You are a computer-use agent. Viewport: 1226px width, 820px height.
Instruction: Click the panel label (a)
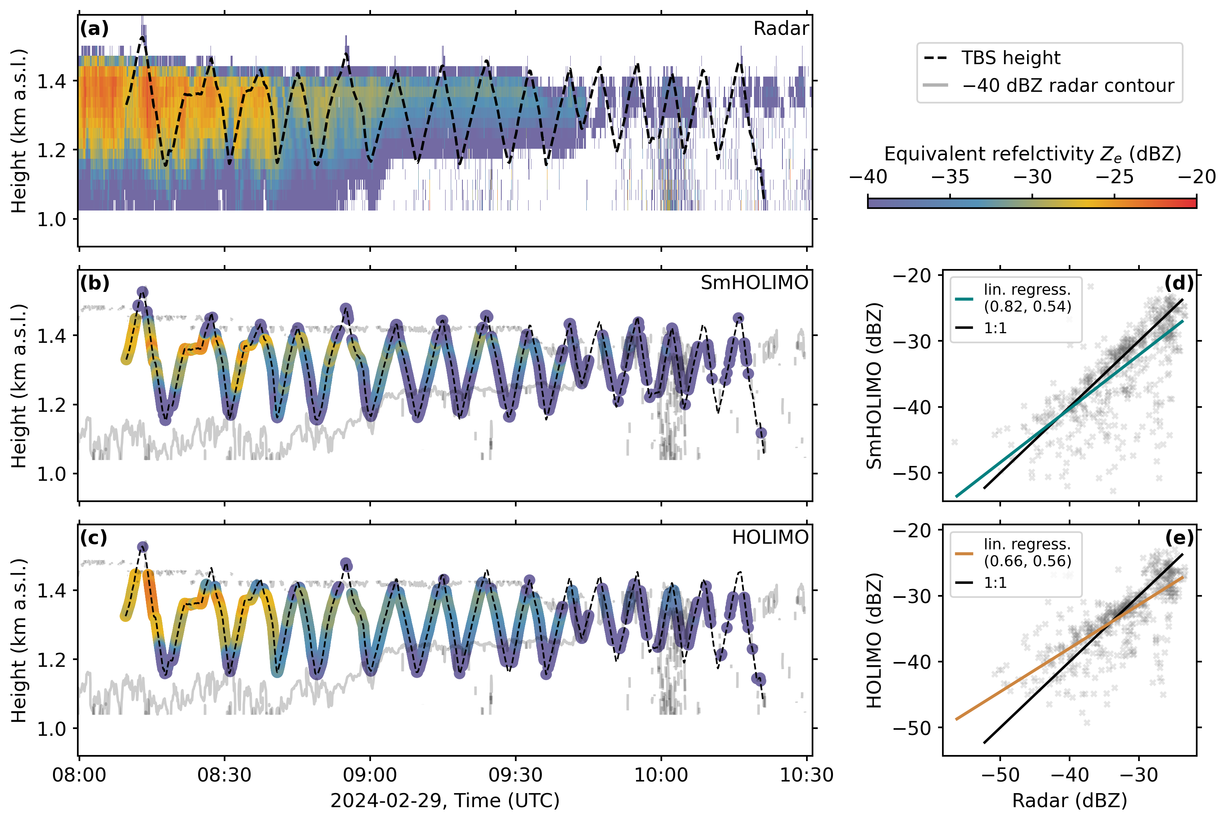94,28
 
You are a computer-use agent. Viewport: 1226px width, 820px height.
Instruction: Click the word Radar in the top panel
780,28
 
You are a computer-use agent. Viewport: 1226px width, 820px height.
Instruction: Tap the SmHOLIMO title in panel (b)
754,283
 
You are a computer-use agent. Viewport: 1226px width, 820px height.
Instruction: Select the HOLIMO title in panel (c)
770,538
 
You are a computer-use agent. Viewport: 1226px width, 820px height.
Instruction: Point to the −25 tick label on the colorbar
1114,177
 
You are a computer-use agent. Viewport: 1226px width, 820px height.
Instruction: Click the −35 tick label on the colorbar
950,177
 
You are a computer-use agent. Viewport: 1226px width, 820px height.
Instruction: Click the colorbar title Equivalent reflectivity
1032,154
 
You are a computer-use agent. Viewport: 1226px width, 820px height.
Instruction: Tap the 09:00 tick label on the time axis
370,775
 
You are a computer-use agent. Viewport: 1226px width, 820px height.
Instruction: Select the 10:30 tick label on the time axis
807,775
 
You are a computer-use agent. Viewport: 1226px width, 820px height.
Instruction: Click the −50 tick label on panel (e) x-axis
1000,775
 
